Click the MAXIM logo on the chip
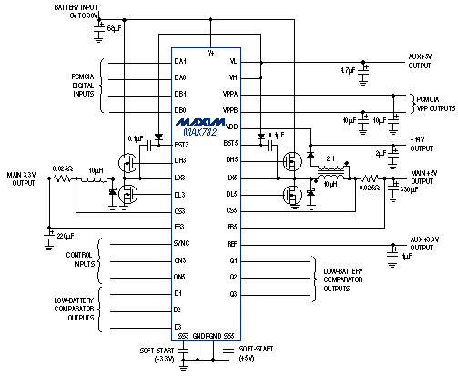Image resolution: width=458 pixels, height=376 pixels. [x=208, y=121]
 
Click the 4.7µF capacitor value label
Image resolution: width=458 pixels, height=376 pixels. [x=347, y=70]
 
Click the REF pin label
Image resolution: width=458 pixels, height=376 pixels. [x=231, y=243]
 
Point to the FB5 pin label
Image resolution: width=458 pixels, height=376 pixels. [x=231, y=227]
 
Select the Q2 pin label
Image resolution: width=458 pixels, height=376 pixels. [x=233, y=276]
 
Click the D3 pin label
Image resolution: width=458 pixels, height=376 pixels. [x=179, y=326]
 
